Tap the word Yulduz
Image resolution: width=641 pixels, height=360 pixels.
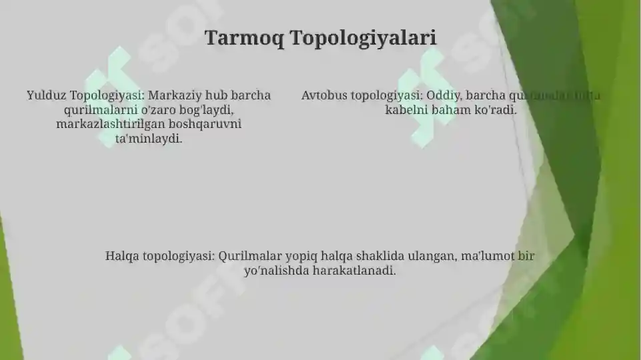pos(46,95)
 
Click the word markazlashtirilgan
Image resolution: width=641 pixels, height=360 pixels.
pos(108,125)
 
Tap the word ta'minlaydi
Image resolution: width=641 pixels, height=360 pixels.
pos(149,139)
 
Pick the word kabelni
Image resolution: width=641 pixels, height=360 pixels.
pos(406,110)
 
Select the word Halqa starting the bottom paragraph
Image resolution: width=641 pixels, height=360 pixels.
pos(122,256)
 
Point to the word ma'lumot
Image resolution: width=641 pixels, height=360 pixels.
pos(487,256)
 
